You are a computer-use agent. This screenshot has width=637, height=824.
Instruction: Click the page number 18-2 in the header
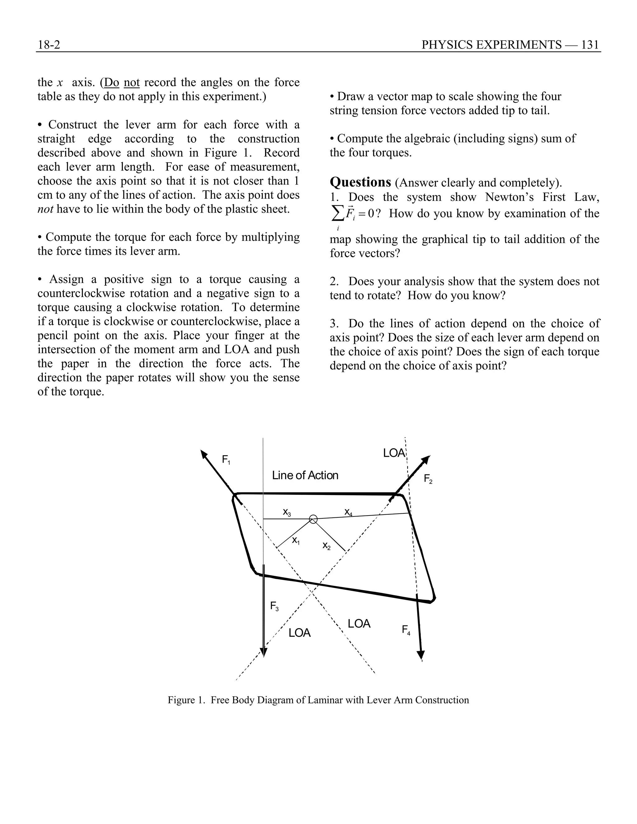tap(49, 45)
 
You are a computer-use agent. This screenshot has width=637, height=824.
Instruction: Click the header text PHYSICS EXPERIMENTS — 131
tap(510, 45)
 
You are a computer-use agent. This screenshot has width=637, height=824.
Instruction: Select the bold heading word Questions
tap(360, 182)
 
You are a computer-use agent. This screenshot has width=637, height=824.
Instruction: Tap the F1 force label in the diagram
tap(226, 460)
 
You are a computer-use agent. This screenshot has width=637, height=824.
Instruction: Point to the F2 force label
tap(428, 479)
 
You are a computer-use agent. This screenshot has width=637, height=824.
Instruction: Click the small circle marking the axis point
tap(313, 520)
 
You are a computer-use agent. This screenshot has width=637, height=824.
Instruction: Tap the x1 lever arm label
tap(296, 541)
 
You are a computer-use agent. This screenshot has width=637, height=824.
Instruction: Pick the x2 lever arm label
tap(326, 546)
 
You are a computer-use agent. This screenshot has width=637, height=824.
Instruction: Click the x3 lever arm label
tap(287, 512)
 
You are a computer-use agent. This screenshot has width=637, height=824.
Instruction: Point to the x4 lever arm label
tap(348, 512)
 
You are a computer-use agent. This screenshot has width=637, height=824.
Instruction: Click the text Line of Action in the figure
tap(305, 475)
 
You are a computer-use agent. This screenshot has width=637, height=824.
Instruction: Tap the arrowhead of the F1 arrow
tap(204, 454)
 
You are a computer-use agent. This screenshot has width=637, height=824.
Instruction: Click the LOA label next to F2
tap(393, 453)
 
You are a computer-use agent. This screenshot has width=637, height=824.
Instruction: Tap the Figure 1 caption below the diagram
tap(318, 700)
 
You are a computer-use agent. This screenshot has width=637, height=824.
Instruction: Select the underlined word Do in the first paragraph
tap(111, 82)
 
